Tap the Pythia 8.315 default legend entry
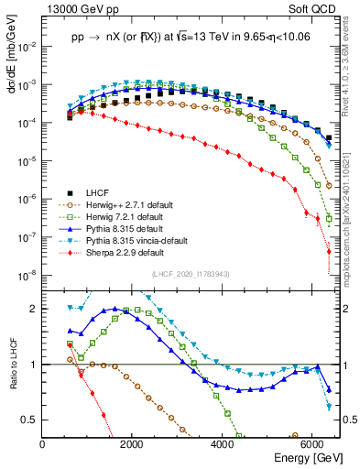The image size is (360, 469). pos(115,228)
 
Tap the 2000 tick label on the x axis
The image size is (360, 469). pos(132,443)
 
